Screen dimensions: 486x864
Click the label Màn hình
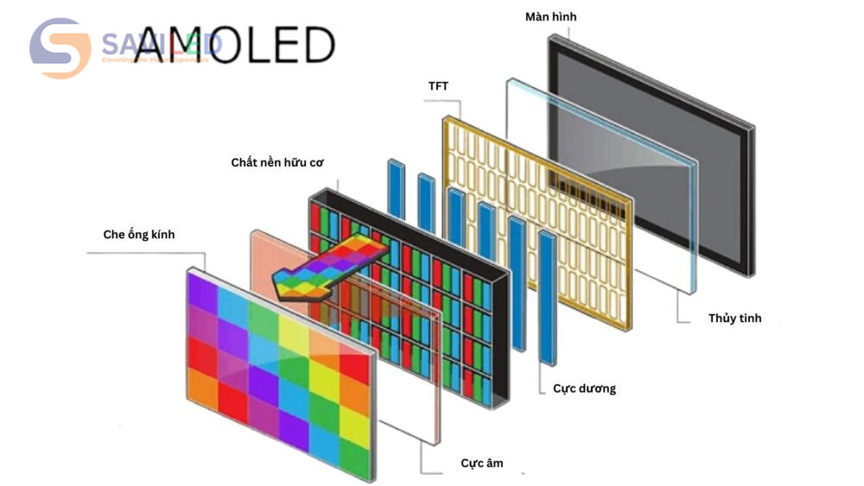point(550,17)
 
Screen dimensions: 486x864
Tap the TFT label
point(439,86)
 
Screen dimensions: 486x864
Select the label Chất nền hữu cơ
point(277,162)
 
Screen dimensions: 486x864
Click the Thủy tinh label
point(734,319)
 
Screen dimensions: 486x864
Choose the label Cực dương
point(584,388)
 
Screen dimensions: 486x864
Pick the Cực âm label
point(481,464)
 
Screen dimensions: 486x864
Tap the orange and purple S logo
point(60,48)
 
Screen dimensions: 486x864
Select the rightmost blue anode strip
point(547,298)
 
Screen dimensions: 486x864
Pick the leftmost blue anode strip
point(396,188)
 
